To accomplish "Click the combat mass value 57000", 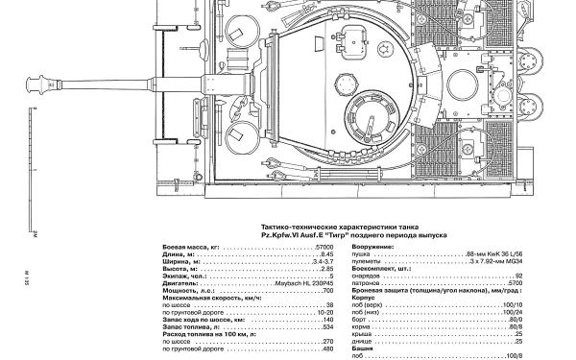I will click(323, 247).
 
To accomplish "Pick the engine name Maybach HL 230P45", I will click(306, 284).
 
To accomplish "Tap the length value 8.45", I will click(326, 254).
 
